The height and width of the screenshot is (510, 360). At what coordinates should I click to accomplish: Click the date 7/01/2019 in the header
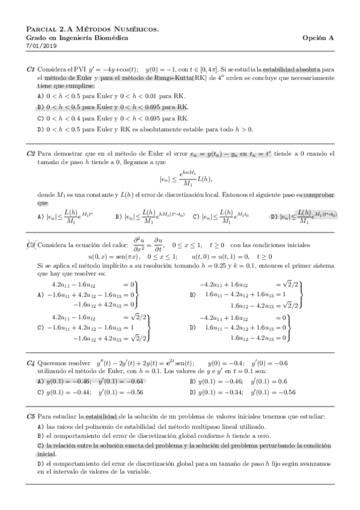pyautogui.click(x=41, y=46)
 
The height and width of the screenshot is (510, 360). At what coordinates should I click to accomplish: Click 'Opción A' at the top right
pyautogui.click(x=318, y=37)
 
